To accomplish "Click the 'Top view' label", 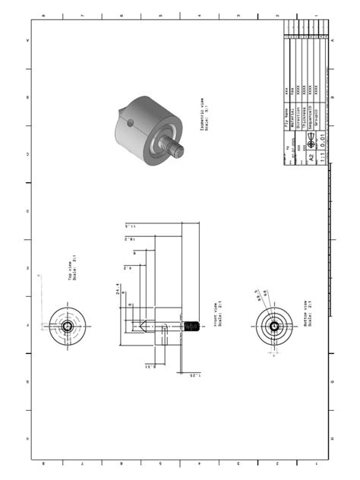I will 73,270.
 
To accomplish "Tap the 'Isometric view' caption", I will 203,115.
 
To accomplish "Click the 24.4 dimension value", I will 118,292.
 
